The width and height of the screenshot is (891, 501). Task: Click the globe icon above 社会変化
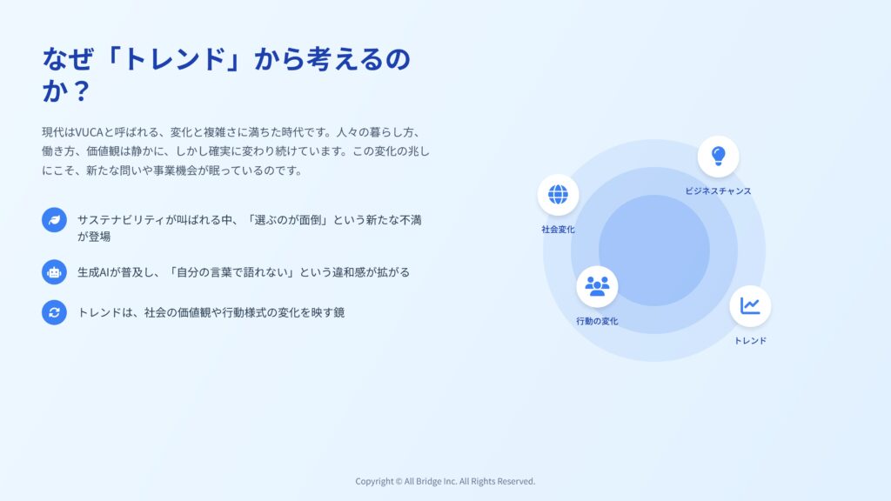[558, 194]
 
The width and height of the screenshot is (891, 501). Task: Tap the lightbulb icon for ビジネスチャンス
[718, 156]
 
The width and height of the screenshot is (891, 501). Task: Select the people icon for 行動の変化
[597, 286]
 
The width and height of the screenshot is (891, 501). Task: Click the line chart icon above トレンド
[750, 306]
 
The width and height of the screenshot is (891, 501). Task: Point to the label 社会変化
[558, 230]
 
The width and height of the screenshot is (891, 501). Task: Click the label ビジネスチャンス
[718, 191]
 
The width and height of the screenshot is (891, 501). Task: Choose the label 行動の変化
[597, 321]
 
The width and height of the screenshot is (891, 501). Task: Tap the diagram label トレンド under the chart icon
[750, 341]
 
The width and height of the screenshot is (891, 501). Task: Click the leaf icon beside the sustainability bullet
[54, 220]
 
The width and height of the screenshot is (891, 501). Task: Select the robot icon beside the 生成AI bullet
[54, 272]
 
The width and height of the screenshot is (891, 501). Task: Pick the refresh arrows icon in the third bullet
[54, 312]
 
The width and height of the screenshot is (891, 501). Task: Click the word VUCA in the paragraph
[90, 132]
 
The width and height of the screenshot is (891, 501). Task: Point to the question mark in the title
[81, 90]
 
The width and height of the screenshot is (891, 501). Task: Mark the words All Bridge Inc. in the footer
[431, 482]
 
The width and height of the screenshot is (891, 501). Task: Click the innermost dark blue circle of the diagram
[654, 250]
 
